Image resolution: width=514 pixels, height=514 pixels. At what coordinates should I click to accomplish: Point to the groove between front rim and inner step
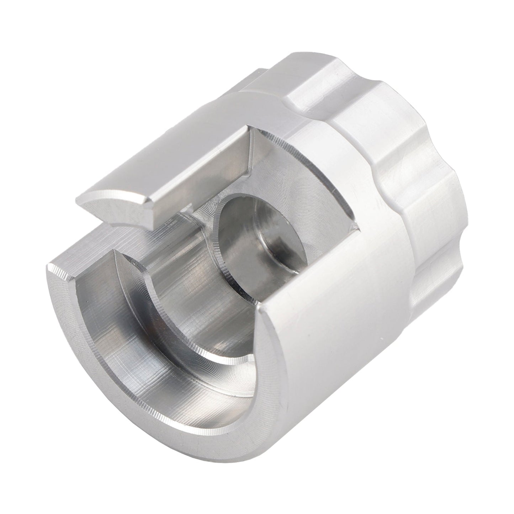point(117,320)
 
